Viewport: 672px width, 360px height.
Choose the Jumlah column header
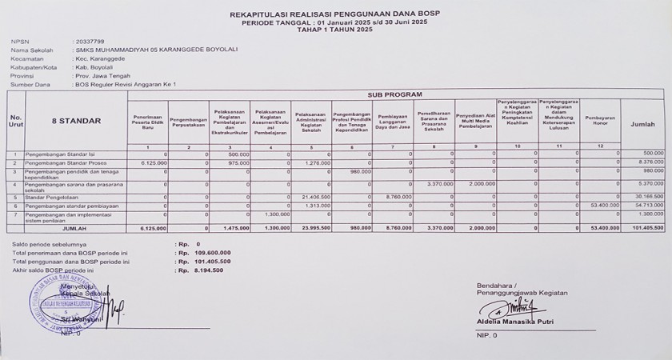(643, 125)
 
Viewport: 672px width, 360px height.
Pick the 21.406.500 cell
(316, 195)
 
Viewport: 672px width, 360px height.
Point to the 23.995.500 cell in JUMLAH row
(316, 227)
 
